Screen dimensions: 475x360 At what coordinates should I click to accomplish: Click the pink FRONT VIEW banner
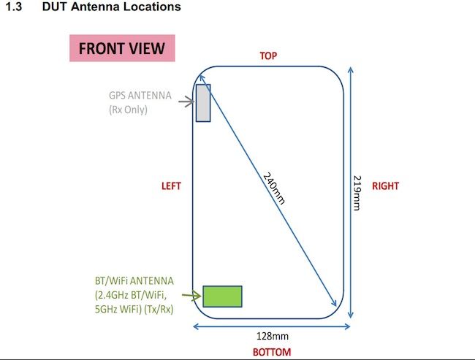122,48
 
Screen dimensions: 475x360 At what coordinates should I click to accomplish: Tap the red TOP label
268,56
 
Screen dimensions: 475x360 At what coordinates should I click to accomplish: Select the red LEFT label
171,186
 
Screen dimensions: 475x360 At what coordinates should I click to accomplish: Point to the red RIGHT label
385,186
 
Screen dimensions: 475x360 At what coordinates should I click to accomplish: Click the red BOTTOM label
272,352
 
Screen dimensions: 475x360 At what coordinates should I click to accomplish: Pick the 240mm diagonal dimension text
274,188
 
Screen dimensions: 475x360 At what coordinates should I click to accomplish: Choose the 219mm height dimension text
357,193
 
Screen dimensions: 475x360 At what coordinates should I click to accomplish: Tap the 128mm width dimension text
273,336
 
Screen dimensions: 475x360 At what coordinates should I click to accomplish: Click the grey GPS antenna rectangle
203,103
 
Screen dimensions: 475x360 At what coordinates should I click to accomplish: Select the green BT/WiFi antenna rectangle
222,296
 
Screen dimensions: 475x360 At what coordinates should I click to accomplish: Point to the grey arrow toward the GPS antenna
186,102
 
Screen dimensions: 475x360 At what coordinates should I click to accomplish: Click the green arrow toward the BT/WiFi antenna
191,295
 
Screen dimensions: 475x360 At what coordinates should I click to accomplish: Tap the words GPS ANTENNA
140,96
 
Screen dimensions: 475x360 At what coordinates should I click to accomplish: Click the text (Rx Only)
128,110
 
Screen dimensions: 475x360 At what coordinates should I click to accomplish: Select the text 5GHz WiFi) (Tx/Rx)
134,309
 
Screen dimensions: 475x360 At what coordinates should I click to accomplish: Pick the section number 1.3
14,7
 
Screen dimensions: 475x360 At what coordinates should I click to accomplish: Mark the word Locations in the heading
152,7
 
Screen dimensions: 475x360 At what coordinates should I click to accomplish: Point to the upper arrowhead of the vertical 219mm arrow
351,70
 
